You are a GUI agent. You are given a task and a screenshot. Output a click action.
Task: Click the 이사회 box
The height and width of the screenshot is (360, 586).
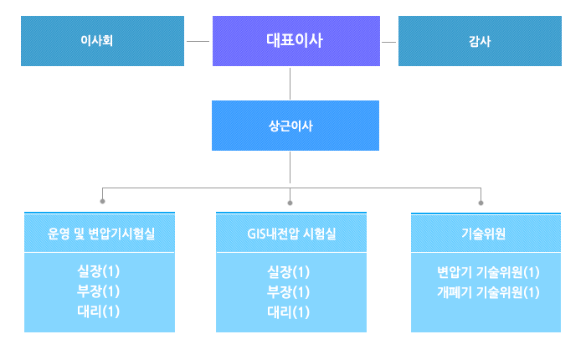point(102,41)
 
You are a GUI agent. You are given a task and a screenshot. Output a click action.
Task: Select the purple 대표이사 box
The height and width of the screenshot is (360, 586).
point(296,41)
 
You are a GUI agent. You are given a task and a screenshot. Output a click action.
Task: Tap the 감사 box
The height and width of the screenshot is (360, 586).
point(480,41)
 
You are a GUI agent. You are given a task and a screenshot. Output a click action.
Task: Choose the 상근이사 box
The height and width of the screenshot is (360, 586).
point(296,126)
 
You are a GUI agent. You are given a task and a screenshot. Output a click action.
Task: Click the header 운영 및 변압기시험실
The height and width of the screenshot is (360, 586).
point(101,234)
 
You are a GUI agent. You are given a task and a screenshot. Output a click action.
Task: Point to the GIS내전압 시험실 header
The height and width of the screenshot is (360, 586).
point(291,234)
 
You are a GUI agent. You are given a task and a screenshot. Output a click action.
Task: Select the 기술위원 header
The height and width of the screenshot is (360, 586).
point(484,234)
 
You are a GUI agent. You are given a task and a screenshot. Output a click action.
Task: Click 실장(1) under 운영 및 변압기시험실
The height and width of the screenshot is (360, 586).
point(98,271)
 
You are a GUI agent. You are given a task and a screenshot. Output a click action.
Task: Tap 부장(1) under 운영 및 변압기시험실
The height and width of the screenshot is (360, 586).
point(98,291)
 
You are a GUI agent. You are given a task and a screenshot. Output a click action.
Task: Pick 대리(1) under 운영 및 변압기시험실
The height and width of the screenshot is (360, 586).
point(98,311)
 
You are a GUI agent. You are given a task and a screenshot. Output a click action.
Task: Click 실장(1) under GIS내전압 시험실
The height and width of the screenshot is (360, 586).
point(289,272)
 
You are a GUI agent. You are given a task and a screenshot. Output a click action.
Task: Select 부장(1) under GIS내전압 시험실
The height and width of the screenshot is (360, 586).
point(289,292)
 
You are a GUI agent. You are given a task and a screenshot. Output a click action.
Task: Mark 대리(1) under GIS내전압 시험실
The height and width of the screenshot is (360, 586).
point(289,312)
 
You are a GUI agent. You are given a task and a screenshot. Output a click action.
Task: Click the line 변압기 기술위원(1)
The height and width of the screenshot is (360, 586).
point(488,272)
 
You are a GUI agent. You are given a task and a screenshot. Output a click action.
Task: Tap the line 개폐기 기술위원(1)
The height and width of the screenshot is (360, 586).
point(488,292)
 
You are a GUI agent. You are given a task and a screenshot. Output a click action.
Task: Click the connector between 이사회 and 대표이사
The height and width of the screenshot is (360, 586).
point(198,42)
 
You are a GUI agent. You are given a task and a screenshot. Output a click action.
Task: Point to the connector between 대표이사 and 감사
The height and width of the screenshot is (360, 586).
point(388,42)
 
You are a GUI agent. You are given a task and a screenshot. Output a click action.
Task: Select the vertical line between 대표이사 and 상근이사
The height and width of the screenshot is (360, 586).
point(290,84)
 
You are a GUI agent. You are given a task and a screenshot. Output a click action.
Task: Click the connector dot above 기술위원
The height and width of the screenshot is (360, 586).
point(481,203)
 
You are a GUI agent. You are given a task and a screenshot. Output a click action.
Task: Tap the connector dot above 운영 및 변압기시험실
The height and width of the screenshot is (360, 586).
point(102,202)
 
